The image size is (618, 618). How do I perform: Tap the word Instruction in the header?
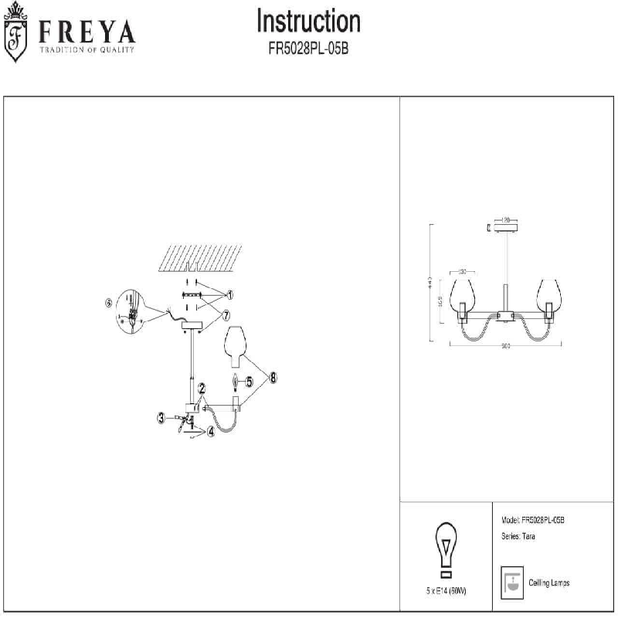click(x=308, y=21)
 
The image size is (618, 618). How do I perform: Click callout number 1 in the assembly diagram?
click(x=230, y=294)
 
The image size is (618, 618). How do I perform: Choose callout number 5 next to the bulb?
click(x=249, y=380)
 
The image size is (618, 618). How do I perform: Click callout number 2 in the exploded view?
click(x=201, y=388)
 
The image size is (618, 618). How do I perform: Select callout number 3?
click(x=161, y=418)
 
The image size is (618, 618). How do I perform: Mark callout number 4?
click(x=210, y=432)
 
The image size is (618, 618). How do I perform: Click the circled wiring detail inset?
click(x=133, y=311)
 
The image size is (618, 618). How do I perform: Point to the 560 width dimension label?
click(x=506, y=346)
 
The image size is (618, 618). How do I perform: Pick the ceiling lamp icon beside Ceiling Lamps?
click(x=510, y=583)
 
